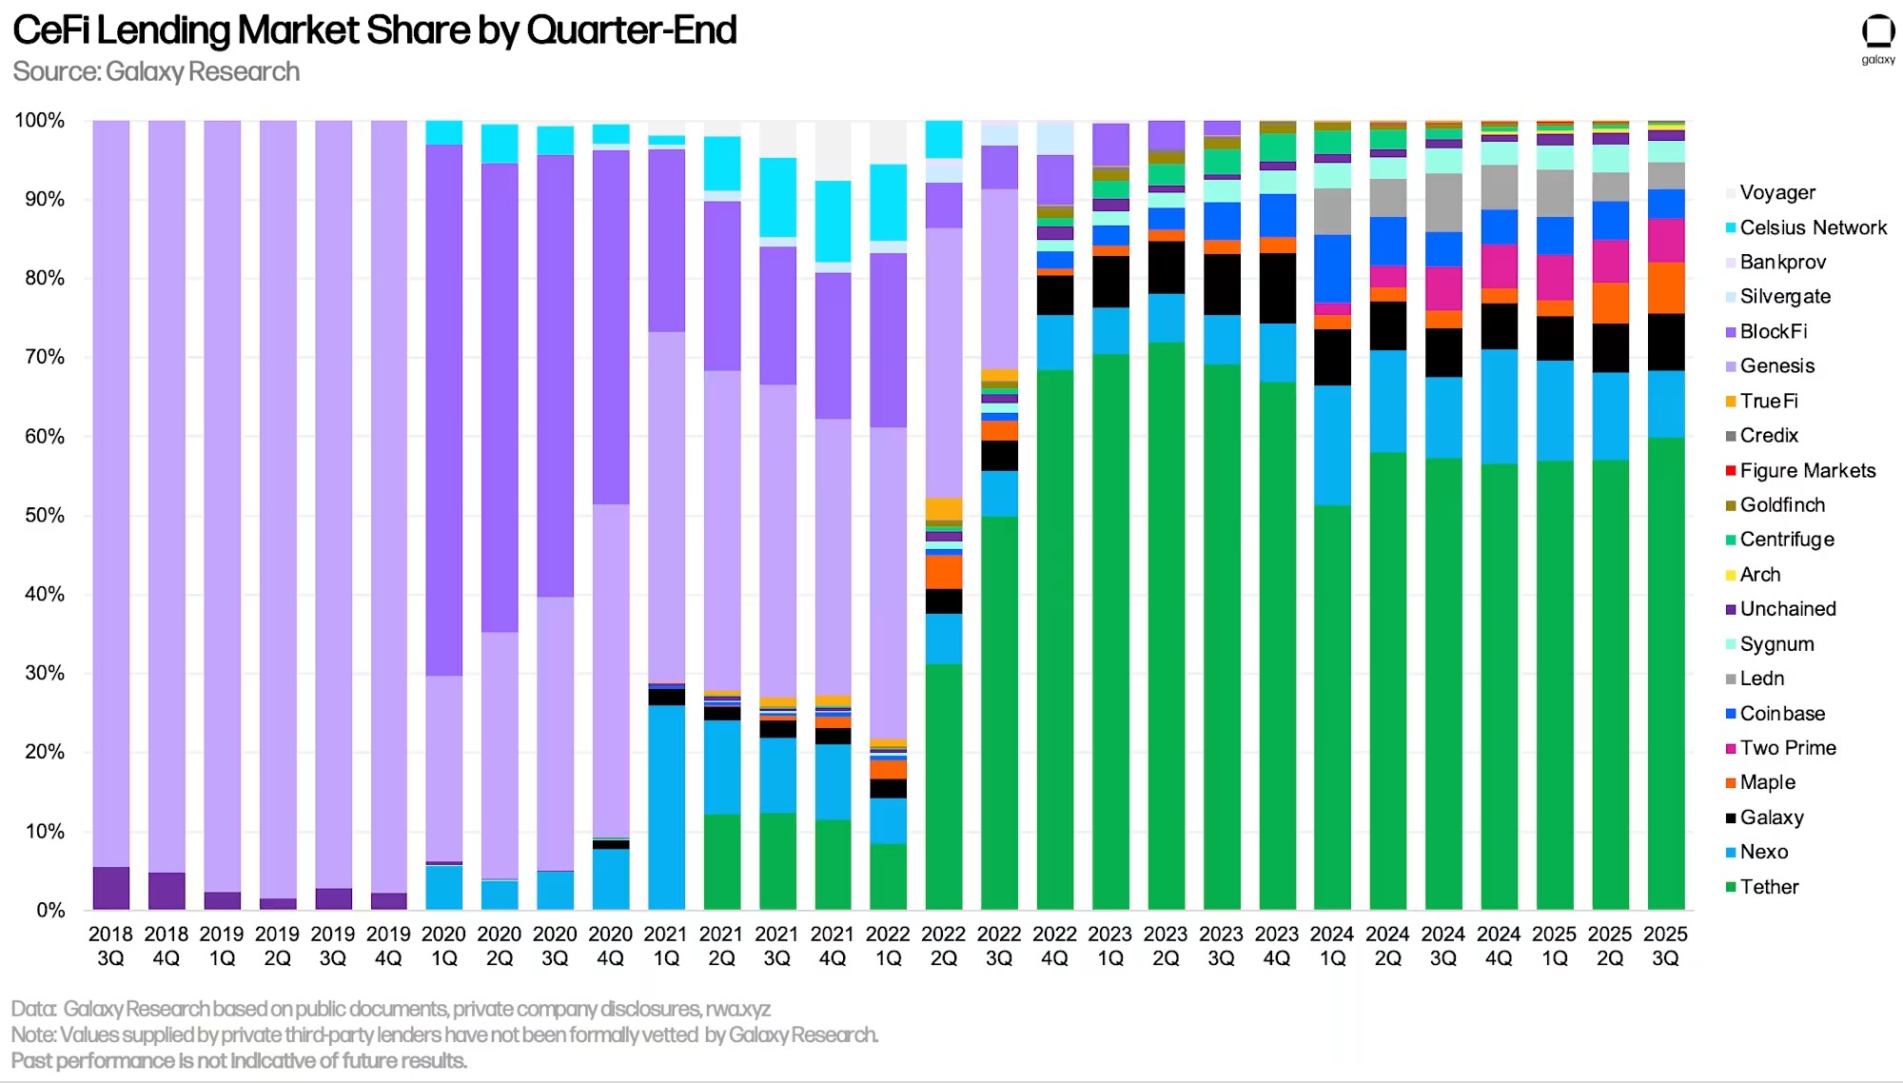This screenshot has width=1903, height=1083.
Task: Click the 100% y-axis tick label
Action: pyautogui.click(x=39, y=120)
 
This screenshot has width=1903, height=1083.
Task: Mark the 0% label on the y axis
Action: pyautogui.click(x=49, y=910)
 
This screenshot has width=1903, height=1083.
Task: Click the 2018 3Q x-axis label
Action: pyautogui.click(x=110, y=946)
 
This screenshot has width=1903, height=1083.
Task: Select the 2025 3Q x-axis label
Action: pyautogui.click(x=1665, y=946)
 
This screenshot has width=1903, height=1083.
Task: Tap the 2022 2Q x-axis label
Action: pyautogui.click(x=943, y=946)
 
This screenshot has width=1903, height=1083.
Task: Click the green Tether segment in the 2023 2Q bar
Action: pyautogui.click(x=1167, y=628)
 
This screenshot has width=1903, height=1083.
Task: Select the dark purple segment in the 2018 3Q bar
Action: pyautogui.click(x=111, y=888)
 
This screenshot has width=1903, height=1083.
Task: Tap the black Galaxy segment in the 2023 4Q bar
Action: pyautogui.click(x=1277, y=288)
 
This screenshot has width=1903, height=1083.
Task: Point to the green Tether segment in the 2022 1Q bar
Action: pyautogui.click(x=888, y=876)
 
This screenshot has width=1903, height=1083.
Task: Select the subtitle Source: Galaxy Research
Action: pyautogui.click(x=156, y=71)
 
